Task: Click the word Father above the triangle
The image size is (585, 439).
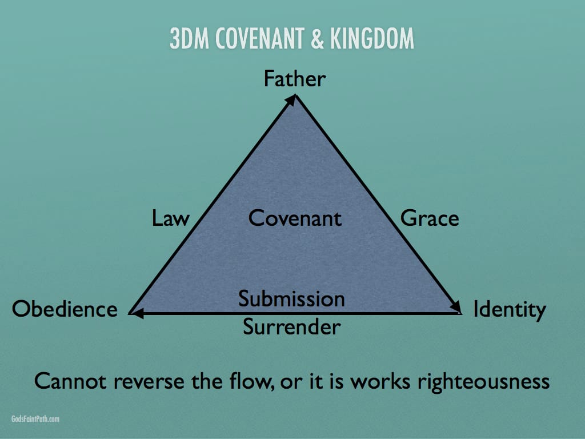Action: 294,78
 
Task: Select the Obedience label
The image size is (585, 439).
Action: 65,309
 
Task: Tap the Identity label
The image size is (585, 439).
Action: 509,310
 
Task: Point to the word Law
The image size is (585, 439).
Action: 170,218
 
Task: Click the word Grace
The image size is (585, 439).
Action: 430,218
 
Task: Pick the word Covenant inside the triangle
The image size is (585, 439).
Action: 295,218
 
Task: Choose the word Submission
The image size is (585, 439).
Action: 291,299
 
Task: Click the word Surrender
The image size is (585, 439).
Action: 291,327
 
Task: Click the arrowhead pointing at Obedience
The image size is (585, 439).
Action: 134,313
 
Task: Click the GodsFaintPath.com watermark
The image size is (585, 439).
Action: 35,419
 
